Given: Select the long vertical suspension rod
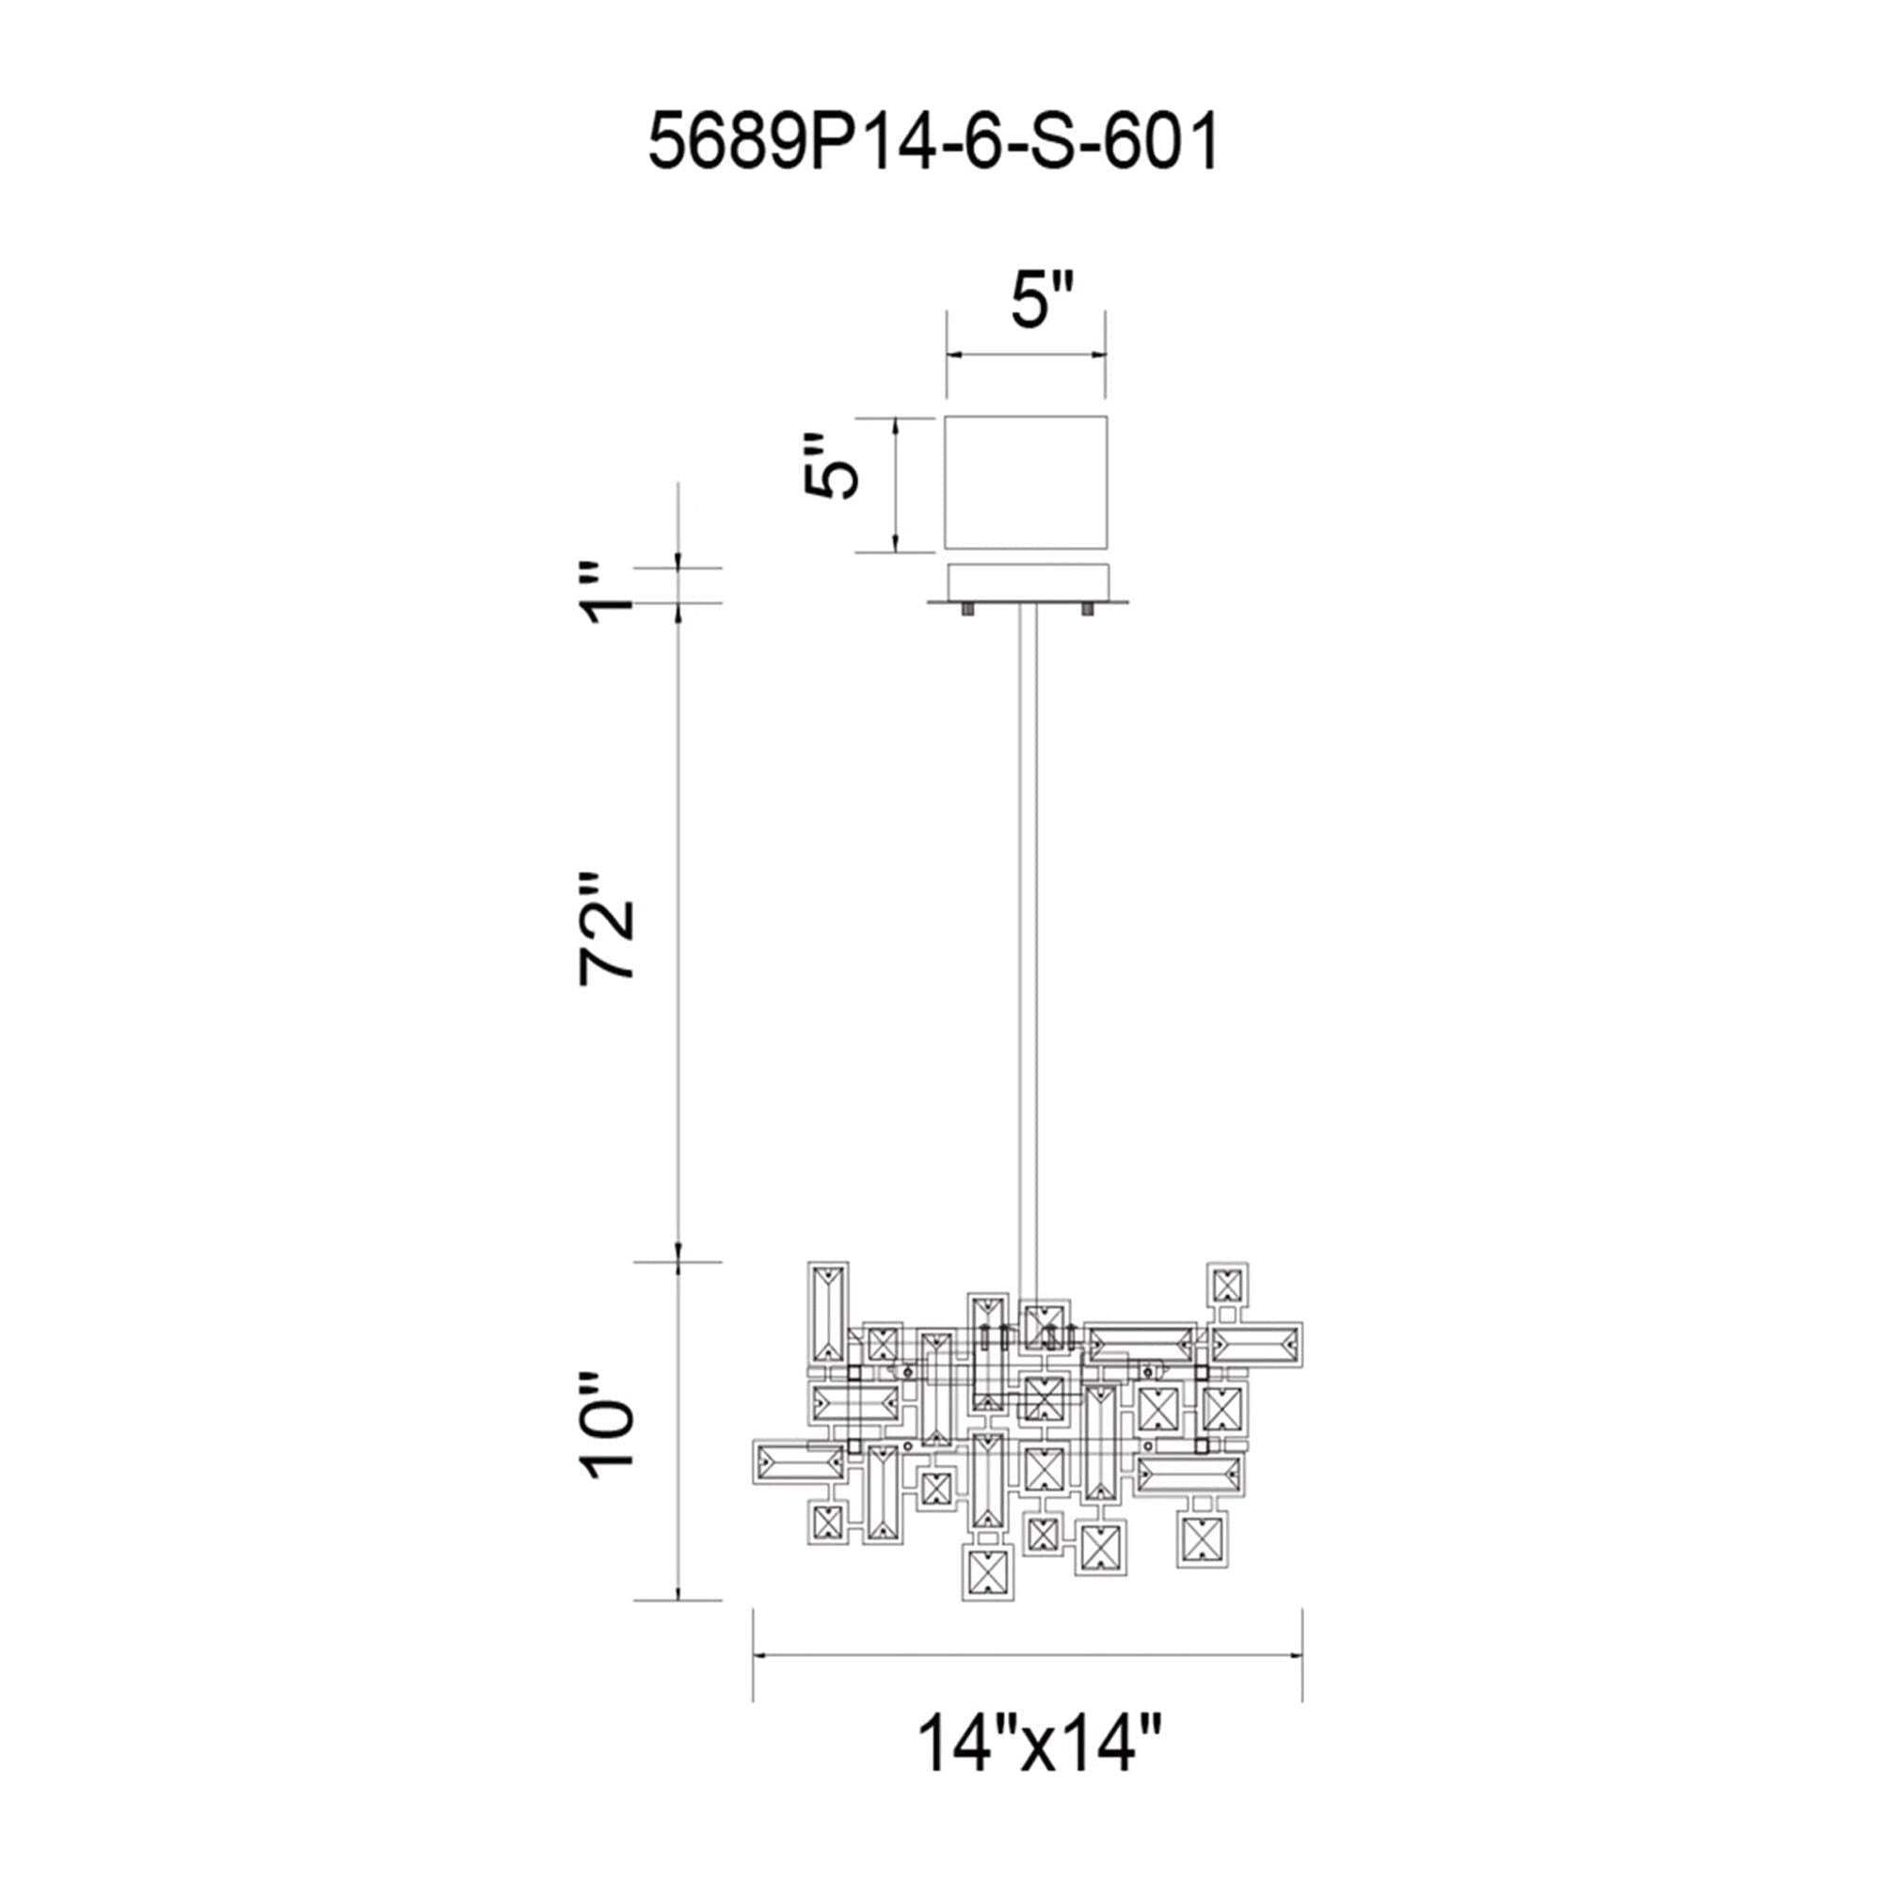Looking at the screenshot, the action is pyautogui.click(x=1027, y=954).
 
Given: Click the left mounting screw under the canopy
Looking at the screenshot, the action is pyautogui.click(x=969, y=611).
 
